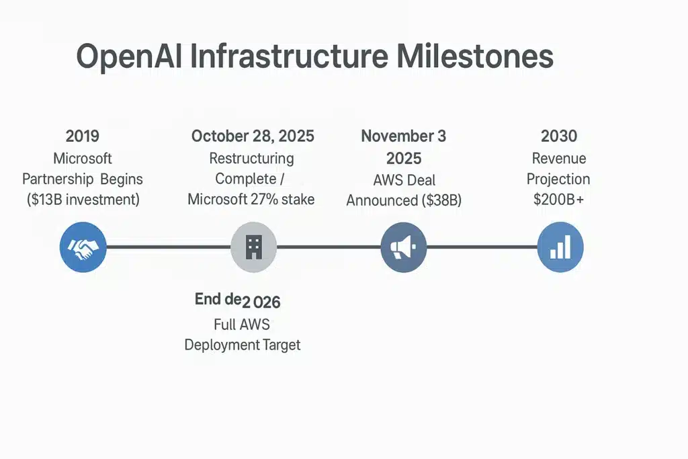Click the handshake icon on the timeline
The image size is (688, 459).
83,247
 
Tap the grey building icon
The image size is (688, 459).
253,247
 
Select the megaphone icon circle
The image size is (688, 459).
403,247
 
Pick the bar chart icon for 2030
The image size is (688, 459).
560,247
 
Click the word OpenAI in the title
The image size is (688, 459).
128,56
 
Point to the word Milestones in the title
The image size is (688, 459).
474,56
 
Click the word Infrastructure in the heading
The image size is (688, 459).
289,56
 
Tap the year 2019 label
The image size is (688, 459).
82,136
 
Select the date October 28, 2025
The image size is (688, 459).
253,136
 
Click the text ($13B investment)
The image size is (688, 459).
82,200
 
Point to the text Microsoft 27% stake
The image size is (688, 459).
251,200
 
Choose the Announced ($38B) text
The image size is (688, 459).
403,200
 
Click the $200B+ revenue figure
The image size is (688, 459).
559,200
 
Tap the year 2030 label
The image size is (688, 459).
559,136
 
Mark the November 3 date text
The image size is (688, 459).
403,136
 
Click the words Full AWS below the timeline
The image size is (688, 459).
242,325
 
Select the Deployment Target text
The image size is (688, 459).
243,345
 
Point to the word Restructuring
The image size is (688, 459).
251,159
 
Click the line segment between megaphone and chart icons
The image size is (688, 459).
482,247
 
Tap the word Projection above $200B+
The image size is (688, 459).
558,179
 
